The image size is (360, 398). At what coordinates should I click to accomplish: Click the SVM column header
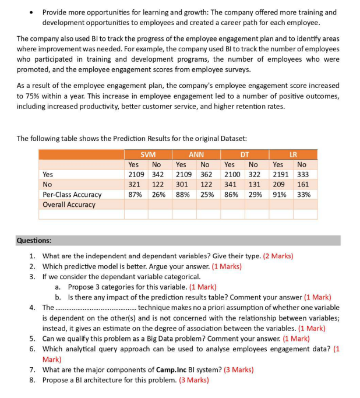[x=148, y=154]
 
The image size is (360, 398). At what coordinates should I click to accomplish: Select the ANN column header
[x=196, y=154]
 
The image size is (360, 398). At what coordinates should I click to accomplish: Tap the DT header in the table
[x=245, y=154]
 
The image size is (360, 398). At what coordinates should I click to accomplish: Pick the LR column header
[x=293, y=154]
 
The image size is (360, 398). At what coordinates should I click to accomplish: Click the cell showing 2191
[x=281, y=174]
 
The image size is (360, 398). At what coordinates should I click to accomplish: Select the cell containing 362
[x=206, y=174]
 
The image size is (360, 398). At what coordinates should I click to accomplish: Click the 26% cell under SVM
[x=158, y=194]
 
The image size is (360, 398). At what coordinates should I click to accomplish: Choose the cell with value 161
[x=303, y=184]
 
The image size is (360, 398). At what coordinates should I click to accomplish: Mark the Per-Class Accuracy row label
[x=72, y=194]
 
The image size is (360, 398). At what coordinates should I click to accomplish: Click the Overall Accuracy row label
[x=69, y=205]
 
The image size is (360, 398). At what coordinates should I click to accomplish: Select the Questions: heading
[x=34, y=240]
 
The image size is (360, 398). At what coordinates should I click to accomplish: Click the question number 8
[x=33, y=380]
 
